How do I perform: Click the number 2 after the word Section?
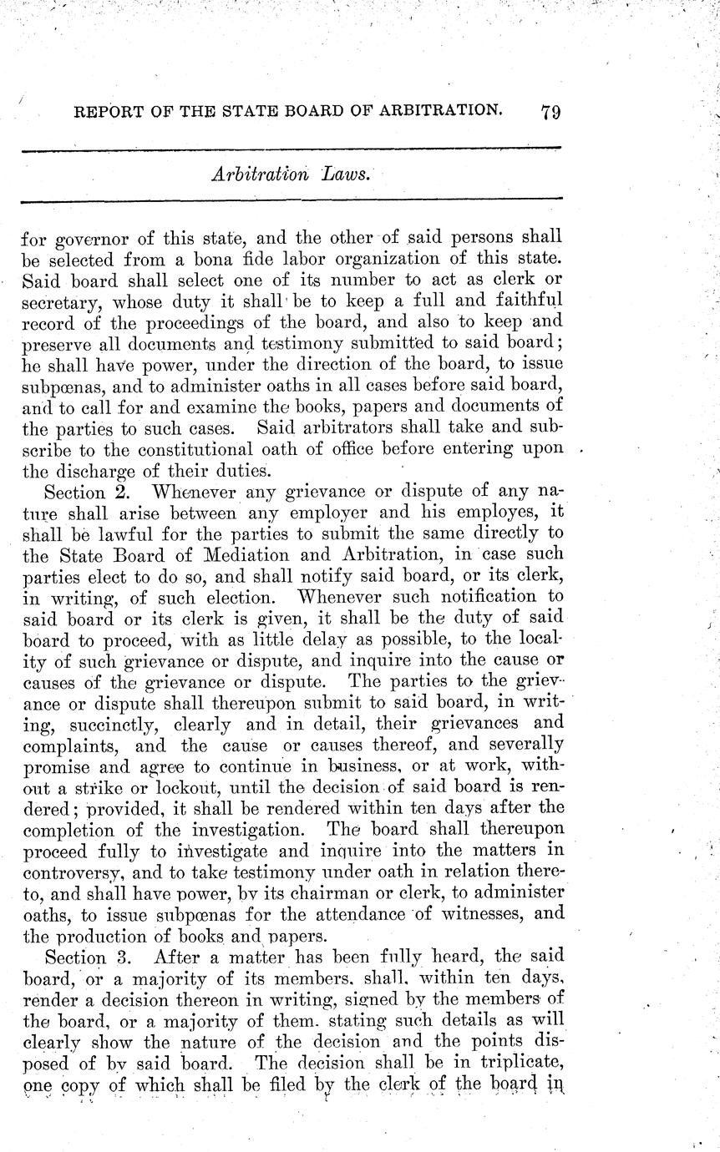point(120,490)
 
